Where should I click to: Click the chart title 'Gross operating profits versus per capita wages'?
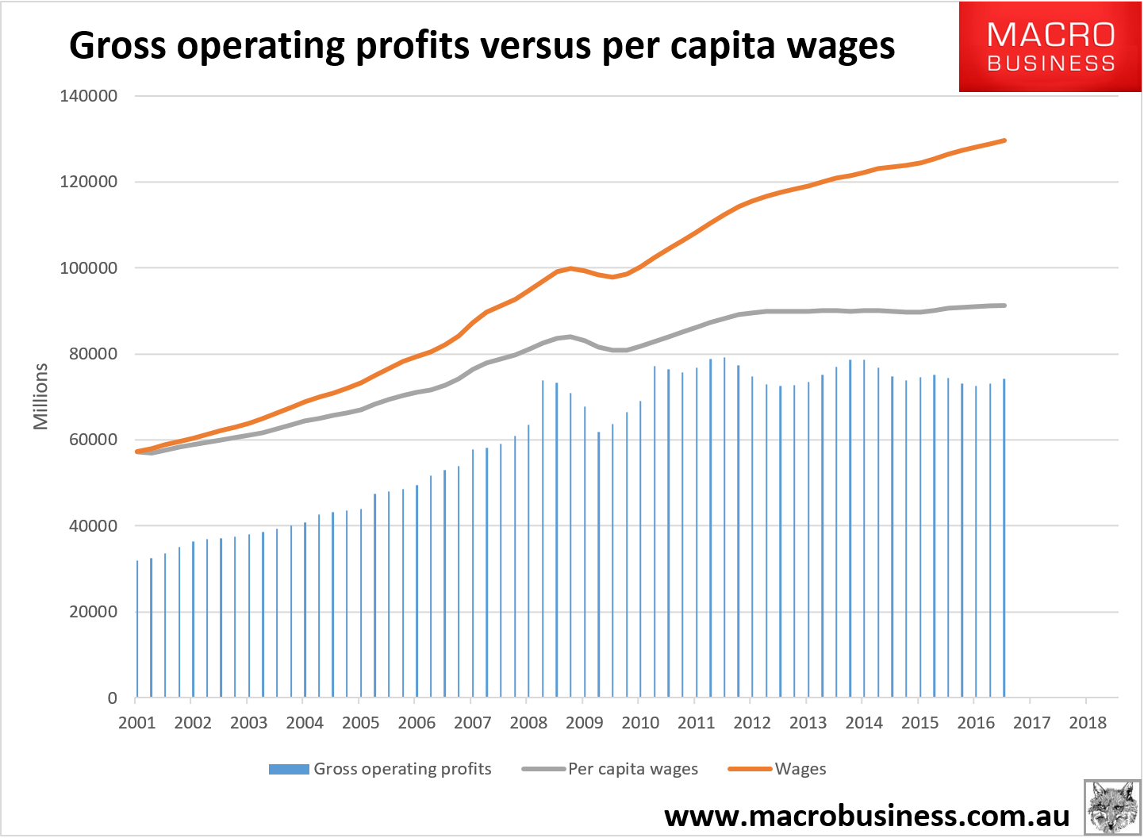(x=482, y=46)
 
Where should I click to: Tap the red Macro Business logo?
(x=1050, y=47)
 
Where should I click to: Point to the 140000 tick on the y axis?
(x=89, y=96)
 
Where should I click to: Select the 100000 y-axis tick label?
(x=89, y=268)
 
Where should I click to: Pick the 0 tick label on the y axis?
(x=112, y=698)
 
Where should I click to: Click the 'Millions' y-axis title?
(x=40, y=396)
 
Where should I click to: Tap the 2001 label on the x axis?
(x=137, y=723)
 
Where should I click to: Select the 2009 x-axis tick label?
(x=585, y=723)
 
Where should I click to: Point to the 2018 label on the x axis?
(x=1088, y=723)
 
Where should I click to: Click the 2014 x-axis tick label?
(x=864, y=723)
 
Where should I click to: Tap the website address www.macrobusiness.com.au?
(x=866, y=816)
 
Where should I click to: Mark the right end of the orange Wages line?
(x=1005, y=140)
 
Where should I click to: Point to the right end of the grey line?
(x=1005, y=306)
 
